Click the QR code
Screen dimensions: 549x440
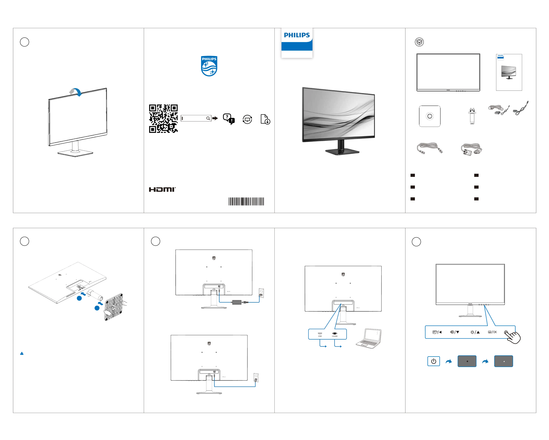click(x=163, y=119)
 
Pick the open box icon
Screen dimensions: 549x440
click(x=419, y=42)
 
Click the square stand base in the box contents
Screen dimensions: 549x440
click(x=430, y=116)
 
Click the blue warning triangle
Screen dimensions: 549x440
click(x=22, y=354)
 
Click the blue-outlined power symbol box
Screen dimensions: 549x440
click(x=433, y=361)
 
